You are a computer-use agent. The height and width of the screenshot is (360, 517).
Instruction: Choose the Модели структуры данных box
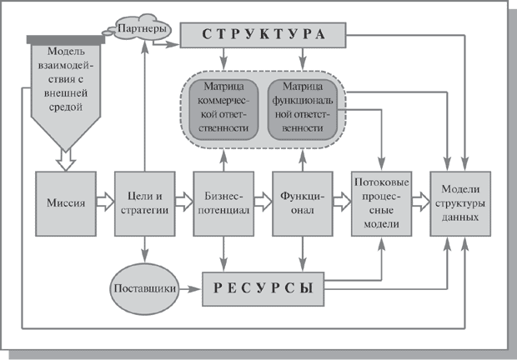point(461,203)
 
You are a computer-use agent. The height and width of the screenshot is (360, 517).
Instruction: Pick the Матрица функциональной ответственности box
point(303,107)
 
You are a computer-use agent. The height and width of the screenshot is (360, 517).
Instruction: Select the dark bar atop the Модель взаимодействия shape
point(64,38)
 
